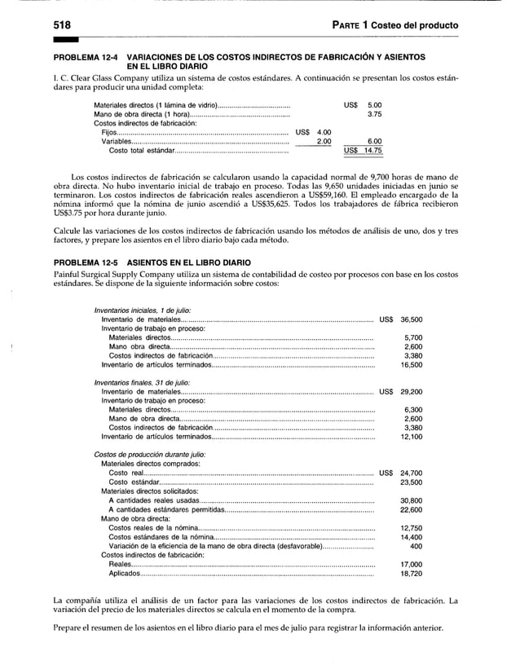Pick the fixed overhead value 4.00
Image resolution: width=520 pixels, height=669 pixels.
[324, 133]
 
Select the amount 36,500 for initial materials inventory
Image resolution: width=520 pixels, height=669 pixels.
[406, 319]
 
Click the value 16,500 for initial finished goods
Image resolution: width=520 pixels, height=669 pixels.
[406, 365]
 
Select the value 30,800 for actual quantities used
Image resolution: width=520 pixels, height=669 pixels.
[406, 500]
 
